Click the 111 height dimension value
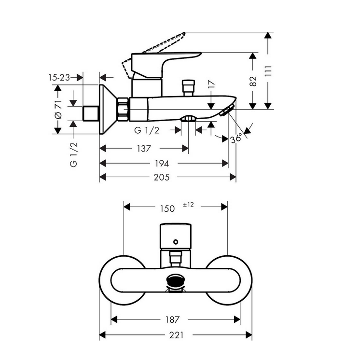point(268,71)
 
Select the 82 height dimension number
point(253,81)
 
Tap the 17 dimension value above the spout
point(211,84)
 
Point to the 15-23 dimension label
point(59,78)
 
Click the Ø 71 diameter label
point(58,109)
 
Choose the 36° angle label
point(236,139)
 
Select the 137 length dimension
point(144,149)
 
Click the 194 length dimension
point(162,164)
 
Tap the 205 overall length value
point(162,177)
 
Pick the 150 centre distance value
point(167,208)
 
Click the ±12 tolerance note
point(188,205)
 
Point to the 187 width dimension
point(172,319)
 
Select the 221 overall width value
point(176,335)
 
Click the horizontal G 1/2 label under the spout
point(147,130)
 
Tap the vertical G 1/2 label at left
point(73,154)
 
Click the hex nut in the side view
point(123,109)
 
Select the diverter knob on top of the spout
point(188,88)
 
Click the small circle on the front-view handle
point(176,242)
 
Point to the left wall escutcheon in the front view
point(122,280)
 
